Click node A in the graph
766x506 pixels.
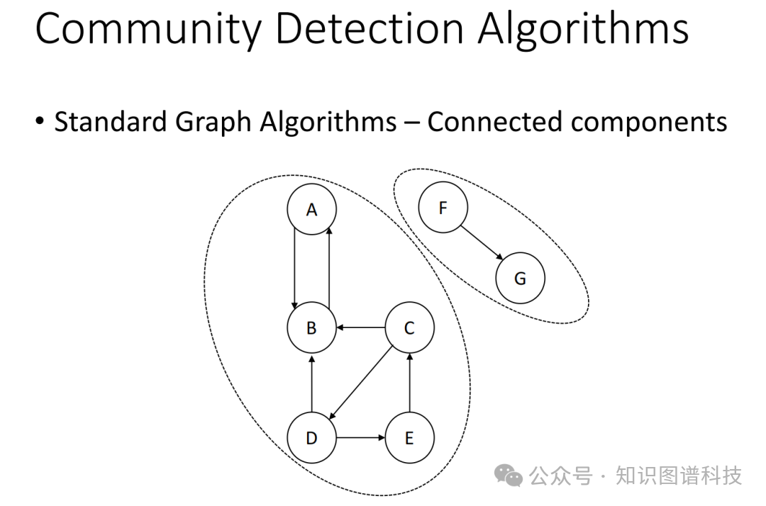click(x=311, y=209)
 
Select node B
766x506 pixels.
click(x=311, y=328)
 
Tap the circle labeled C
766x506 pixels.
click(x=409, y=328)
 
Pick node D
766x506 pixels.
click(x=311, y=438)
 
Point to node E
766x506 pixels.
click(x=409, y=438)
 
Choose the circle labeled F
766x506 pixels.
click(x=443, y=208)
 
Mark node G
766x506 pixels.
click(x=520, y=279)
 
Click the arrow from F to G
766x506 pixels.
click(x=482, y=243)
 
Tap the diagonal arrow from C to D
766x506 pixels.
click(x=360, y=383)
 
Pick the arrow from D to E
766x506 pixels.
click(x=360, y=438)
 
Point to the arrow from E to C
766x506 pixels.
click(x=409, y=383)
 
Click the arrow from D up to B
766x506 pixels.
click(x=311, y=383)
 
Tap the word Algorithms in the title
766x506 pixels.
click(x=583, y=30)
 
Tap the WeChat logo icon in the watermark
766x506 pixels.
click(x=509, y=475)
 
